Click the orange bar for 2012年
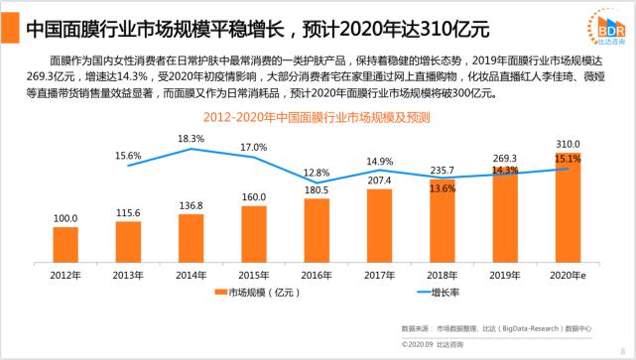click(x=65, y=242)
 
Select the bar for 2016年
click(x=317, y=228)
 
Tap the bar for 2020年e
click(x=567, y=205)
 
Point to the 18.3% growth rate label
click(x=191, y=139)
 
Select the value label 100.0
click(x=65, y=218)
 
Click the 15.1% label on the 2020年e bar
click(x=567, y=158)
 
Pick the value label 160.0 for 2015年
click(x=254, y=196)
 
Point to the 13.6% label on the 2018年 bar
click(x=443, y=187)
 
